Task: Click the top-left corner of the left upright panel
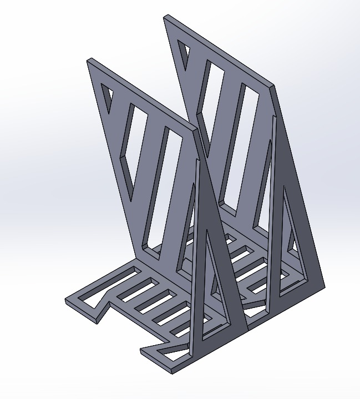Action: tap(88, 60)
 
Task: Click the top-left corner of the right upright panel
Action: tap(165, 17)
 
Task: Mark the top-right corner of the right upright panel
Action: tap(273, 85)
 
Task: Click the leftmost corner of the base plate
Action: tap(66, 300)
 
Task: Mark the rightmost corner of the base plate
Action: tap(324, 286)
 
